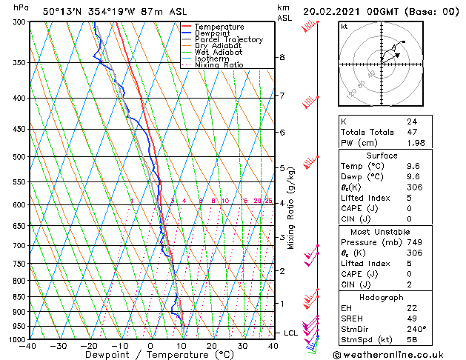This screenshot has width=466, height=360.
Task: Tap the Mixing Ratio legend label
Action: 219,65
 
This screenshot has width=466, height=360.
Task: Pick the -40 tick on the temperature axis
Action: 28,345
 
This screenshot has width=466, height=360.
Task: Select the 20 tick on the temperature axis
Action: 211,345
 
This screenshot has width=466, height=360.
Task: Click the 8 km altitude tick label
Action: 282,57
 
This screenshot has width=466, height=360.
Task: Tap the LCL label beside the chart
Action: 290,333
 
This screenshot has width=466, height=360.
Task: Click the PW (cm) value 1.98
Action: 416,143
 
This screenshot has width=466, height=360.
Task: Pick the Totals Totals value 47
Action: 412,132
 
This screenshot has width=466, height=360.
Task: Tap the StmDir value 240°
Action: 416,329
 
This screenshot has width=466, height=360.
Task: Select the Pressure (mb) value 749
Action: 414,242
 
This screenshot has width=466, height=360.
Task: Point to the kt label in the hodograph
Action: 344,26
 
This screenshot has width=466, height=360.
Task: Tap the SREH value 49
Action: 412,318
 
